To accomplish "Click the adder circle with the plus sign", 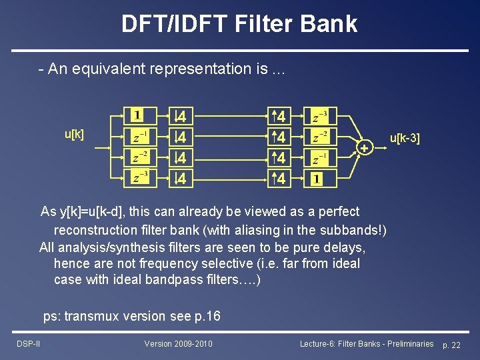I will click(x=364, y=148).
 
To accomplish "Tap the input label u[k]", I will click(x=74, y=135).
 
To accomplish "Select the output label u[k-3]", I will click(x=405, y=139).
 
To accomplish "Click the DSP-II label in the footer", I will click(x=29, y=343).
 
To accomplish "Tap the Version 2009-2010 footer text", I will click(x=178, y=343).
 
